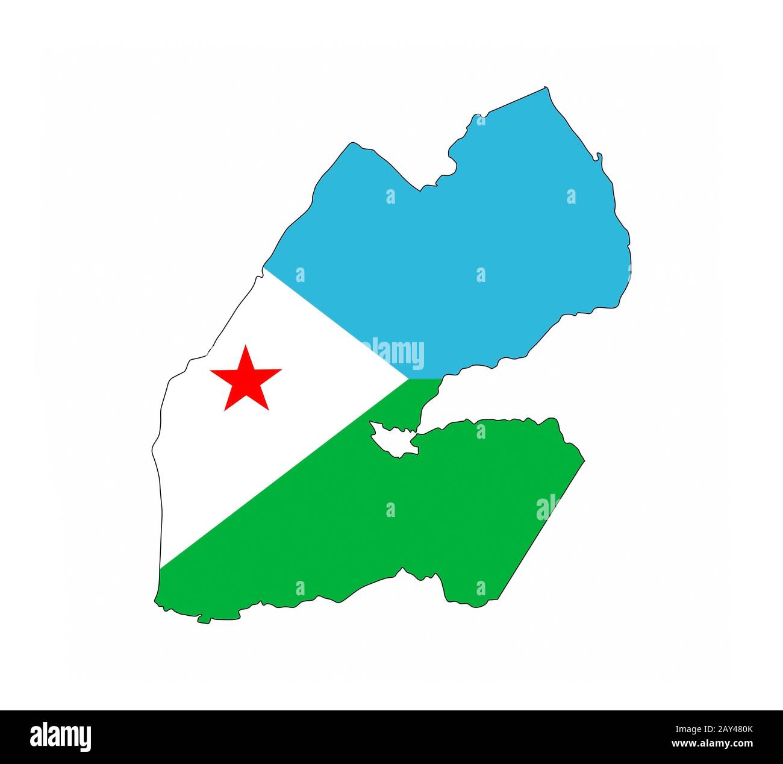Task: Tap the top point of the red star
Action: (245, 346)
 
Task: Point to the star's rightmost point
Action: (281, 370)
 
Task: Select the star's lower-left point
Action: (225, 410)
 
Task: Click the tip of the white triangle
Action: (408, 379)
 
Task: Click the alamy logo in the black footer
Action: (60, 736)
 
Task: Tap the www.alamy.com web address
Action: (711, 745)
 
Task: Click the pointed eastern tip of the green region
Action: (584, 462)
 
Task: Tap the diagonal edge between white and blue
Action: (337, 325)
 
